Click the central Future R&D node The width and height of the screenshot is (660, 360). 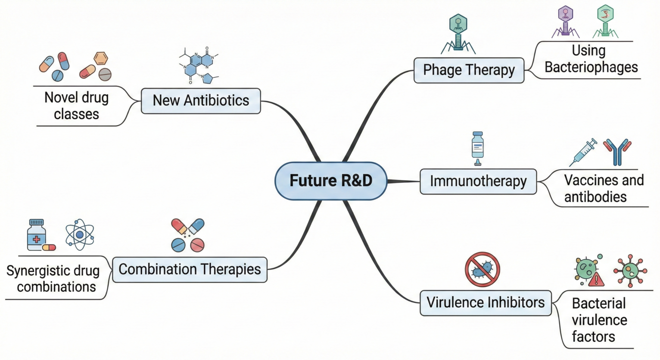[330, 181]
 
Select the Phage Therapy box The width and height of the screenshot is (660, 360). [469, 70]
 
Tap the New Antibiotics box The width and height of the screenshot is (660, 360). [201, 100]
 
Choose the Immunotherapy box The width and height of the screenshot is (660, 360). [478, 181]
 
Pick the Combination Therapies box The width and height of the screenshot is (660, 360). [189, 269]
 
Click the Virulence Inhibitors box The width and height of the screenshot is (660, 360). [486, 302]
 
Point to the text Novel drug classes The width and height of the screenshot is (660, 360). [76, 105]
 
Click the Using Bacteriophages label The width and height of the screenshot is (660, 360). [591, 59]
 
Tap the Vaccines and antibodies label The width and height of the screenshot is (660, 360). [604, 188]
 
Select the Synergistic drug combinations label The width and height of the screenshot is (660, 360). [53, 278]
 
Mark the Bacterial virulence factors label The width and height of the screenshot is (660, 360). [599, 320]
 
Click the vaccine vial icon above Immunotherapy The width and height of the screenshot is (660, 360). [477, 148]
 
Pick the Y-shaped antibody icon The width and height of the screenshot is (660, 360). [617, 151]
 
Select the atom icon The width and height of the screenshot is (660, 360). [80, 234]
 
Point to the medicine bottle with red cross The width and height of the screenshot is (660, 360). [37, 234]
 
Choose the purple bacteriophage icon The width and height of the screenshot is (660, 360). [566, 22]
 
